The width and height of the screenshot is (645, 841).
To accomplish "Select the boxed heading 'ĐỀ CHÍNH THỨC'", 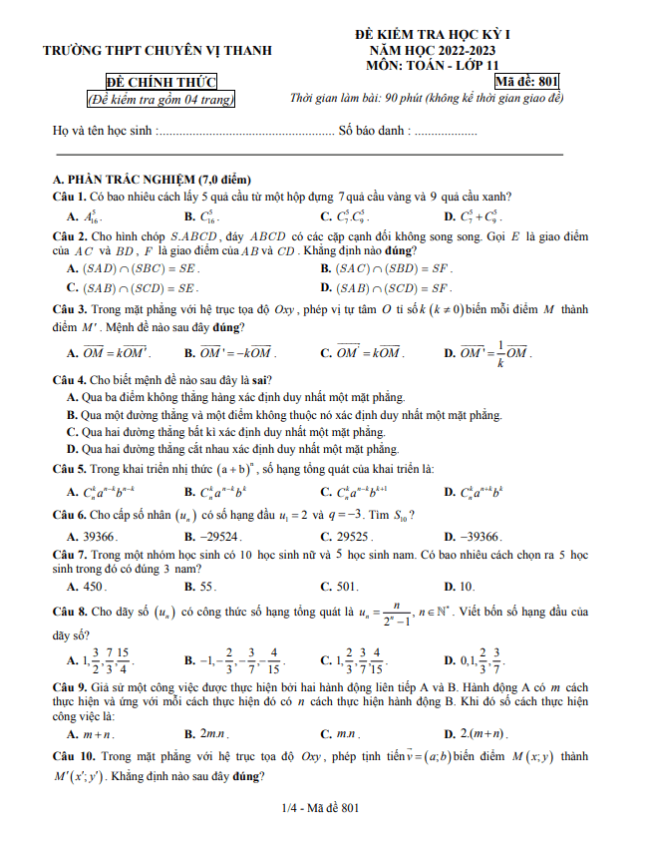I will point(161,82).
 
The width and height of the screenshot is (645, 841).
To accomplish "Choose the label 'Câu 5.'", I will point(69,468).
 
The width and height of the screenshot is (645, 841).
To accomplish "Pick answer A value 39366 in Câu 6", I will point(100,536).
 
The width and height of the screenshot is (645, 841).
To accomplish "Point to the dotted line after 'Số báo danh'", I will point(445,131).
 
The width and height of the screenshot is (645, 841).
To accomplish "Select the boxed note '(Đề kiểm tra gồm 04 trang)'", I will point(161,99).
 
